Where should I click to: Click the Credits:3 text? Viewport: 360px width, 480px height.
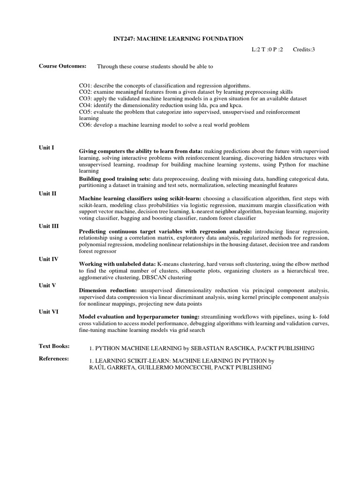(304, 49)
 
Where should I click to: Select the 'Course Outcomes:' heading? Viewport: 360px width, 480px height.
(62, 66)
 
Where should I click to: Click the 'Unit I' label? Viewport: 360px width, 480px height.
(46, 148)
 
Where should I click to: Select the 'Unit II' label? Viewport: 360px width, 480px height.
(47, 194)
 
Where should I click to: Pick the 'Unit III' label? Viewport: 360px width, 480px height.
(48, 226)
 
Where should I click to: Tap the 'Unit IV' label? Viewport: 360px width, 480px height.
(48, 259)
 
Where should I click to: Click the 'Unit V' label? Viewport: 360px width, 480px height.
(47, 285)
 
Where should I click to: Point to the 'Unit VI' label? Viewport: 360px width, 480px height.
(48, 311)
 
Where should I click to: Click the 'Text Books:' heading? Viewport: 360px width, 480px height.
(54, 346)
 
